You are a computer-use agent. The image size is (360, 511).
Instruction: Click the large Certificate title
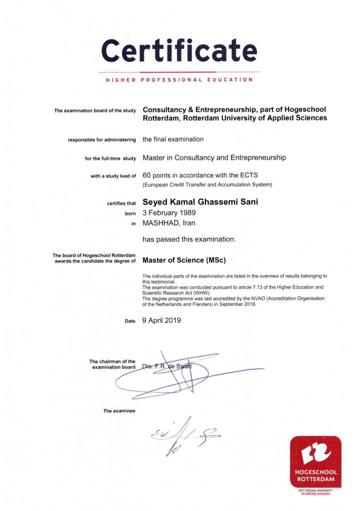point(180,50)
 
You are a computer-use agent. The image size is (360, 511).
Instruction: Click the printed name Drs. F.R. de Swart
point(167,367)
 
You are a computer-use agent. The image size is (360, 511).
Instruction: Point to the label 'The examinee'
point(119,411)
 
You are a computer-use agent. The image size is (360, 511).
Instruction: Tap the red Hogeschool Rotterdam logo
point(316,463)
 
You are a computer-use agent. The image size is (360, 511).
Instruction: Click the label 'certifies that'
point(121,203)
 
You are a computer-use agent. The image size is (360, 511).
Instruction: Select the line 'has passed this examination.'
point(189,240)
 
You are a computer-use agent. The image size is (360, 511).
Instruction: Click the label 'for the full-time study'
point(111,158)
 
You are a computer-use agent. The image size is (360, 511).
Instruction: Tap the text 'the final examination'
point(173,139)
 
